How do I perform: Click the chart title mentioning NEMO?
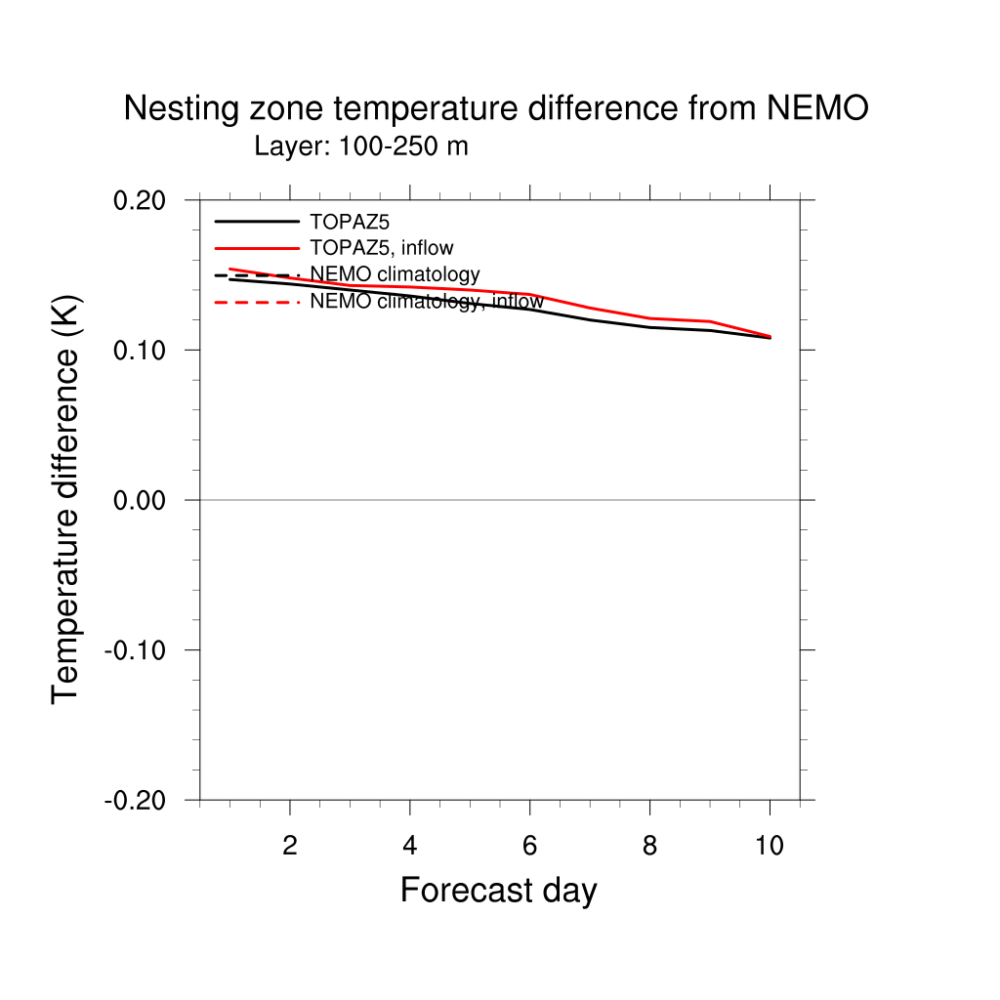[495, 109]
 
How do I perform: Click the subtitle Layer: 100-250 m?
[361, 147]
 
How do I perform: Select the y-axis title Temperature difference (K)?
[66, 499]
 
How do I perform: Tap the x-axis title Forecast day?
[498, 891]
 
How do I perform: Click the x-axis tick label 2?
[290, 846]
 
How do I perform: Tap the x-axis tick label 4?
[410, 846]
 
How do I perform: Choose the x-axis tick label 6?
[529, 846]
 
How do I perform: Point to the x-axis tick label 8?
[649, 846]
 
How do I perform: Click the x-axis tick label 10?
[770, 846]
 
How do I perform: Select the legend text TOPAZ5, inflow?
[381, 247]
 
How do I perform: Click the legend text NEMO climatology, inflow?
[426, 302]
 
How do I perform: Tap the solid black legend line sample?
[256, 221]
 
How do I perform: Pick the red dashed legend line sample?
[256, 303]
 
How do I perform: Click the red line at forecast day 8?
[650, 318]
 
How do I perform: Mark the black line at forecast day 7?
[590, 319]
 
